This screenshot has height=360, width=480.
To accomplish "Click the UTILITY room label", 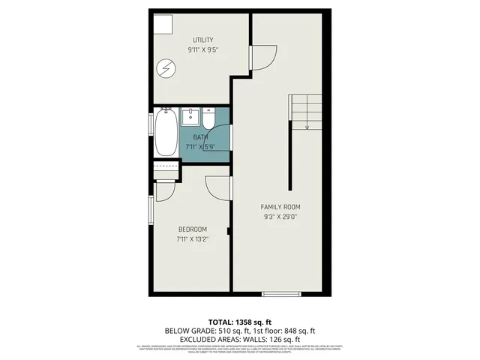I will [203, 40].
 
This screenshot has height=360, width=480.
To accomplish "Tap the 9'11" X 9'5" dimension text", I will [203, 50].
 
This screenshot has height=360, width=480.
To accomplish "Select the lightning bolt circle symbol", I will [165, 70].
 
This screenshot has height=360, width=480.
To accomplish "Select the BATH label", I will [200, 137].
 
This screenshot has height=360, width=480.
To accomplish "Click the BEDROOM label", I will [192, 229].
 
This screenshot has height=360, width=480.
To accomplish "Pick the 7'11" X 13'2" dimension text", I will [192, 240].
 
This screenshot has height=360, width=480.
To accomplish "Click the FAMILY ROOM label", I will [280, 207].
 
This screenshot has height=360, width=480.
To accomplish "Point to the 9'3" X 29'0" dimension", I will [280, 217].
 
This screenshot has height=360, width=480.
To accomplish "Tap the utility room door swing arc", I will [262, 58].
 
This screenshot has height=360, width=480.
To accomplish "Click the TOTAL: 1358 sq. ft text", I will [240, 321].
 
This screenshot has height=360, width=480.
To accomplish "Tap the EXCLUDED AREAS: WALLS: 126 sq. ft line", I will [240, 339].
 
